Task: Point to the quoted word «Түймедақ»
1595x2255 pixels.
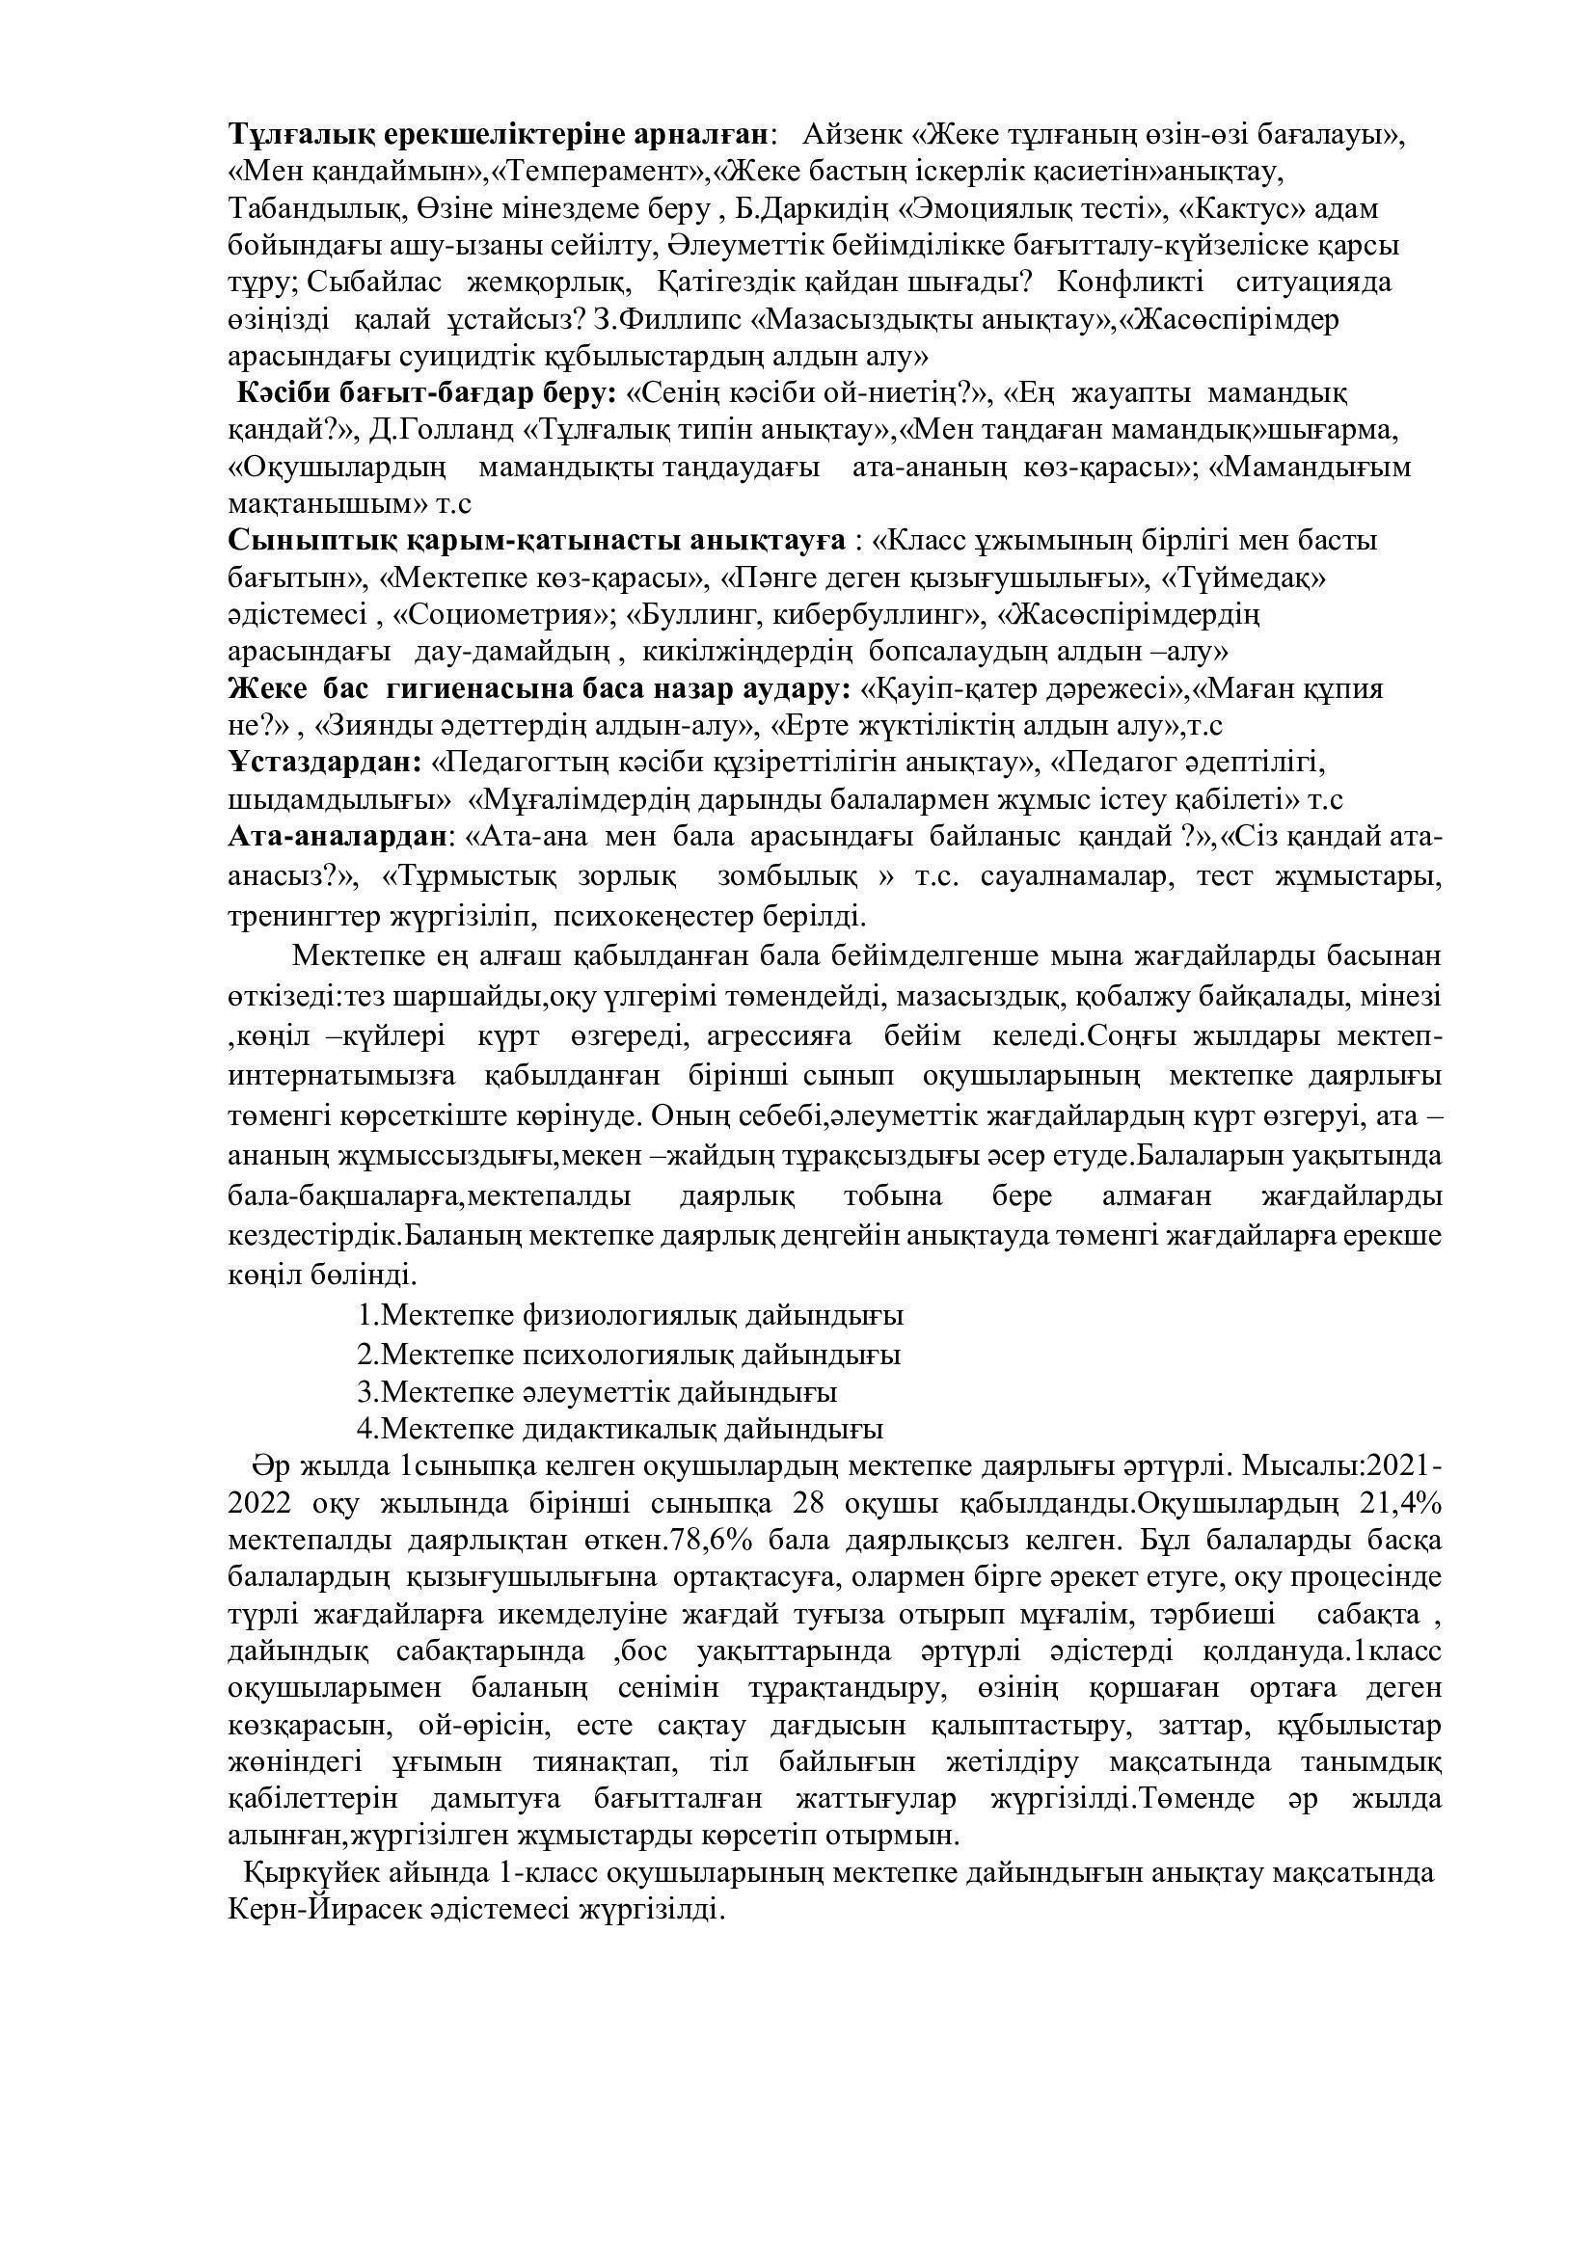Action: (1244, 578)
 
